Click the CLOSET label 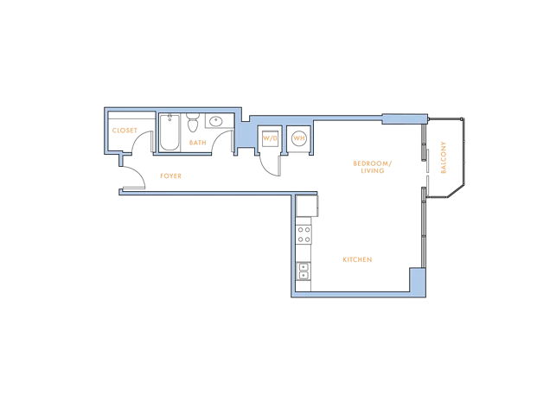(125, 131)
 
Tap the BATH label (198, 143)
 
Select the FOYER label (171, 176)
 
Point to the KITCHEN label (357, 259)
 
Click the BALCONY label (444, 157)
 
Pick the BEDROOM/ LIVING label (373, 167)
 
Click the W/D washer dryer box (270, 138)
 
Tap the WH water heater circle (299, 138)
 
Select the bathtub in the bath (169, 132)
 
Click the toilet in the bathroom (193, 123)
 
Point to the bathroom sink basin (216, 121)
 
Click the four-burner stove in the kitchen (304, 234)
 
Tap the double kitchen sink (304, 271)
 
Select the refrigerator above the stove (307, 206)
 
